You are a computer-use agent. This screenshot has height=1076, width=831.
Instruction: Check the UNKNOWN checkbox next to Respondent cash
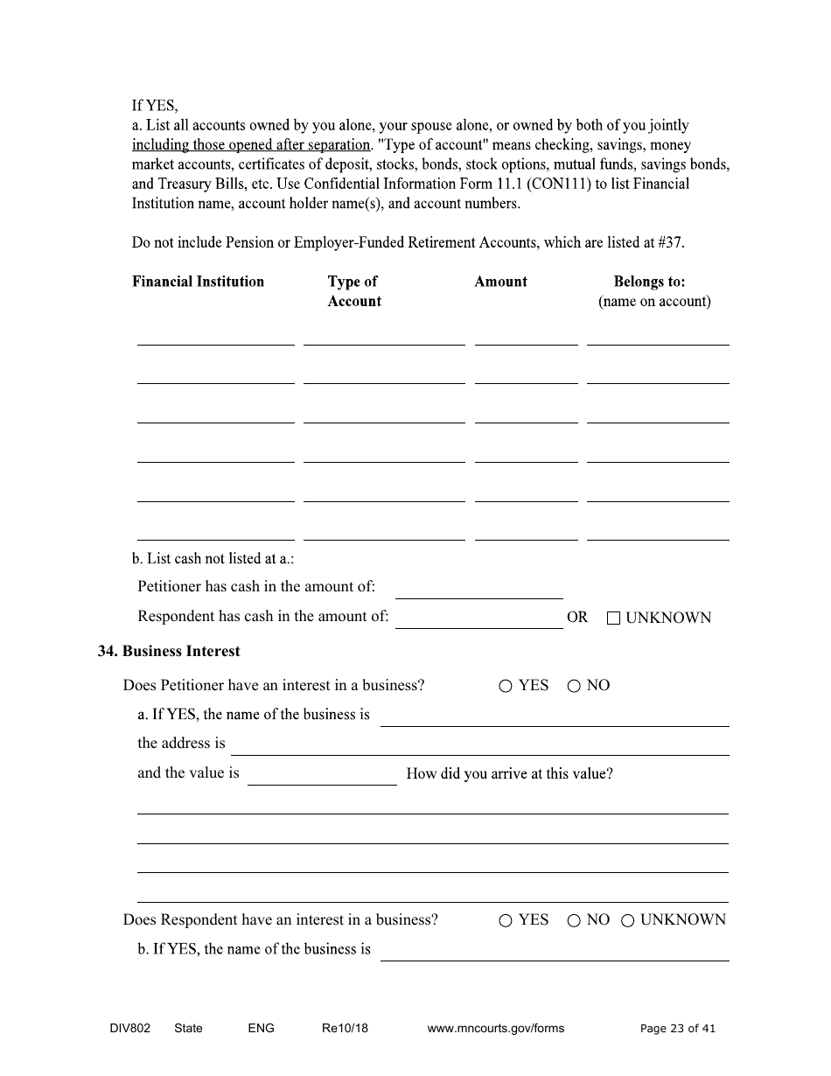pos(613,618)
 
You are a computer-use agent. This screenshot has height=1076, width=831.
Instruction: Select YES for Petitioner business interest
pos(506,687)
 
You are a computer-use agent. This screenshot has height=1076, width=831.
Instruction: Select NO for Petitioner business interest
pos(574,687)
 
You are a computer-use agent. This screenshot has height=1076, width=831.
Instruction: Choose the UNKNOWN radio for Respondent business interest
pos(627,921)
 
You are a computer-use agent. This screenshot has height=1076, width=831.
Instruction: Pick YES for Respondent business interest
pos(506,921)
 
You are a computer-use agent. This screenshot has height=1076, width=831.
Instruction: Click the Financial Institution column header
pos(198,282)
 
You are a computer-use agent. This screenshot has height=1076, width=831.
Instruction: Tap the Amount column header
pos(500,282)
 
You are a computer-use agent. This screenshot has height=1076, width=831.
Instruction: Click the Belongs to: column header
pos(649,282)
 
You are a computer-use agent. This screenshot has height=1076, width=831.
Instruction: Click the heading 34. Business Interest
pos(169,652)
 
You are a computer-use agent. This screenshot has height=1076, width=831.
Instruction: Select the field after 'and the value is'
pos(322,775)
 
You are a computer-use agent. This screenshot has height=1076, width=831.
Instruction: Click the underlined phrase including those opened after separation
pos(251,145)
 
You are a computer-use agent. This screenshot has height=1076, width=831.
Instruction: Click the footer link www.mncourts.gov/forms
pos(495,1029)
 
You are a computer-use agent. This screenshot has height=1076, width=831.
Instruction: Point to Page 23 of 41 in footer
pos(677,1029)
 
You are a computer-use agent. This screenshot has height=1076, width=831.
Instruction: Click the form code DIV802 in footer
pos(124,1029)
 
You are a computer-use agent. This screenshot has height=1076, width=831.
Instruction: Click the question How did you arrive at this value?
pos(509,774)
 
